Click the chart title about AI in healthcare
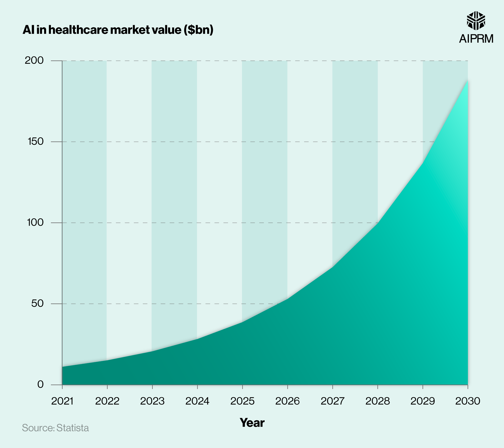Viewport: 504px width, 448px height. [x=118, y=30]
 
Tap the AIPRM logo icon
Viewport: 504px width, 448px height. [x=476, y=20]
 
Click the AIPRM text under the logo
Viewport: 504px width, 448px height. [x=476, y=39]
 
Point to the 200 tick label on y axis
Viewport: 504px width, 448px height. [x=34, y=60]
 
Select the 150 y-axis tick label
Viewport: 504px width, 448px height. [x=36, y=142]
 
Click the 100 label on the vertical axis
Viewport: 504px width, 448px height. [x=35, y=222]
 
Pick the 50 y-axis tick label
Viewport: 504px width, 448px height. [x=37, y=303]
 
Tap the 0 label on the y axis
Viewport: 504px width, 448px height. [x=40, y=385]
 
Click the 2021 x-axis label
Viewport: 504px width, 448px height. [x=62, y=401]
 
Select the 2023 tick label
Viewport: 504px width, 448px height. [x=152, y=401]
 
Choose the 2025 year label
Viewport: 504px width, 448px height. [x=242, y=401]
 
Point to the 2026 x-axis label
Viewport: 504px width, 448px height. [x=287, y=401]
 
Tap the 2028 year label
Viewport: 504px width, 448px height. [x=377, y=401]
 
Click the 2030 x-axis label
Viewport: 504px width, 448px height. [x=468, y=401]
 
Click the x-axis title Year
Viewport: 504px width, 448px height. [x=252, y=423]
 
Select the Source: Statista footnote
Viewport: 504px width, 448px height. [x=55, y=428]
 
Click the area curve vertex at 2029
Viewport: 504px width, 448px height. [x=423, y=163]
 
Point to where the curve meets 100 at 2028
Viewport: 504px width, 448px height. [x=377, y=223]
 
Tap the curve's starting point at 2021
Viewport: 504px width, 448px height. [x=62, y=367]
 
